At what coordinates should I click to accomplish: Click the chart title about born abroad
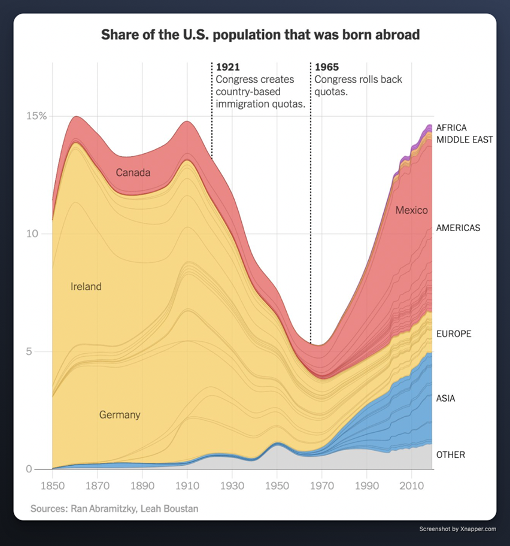point(260,34)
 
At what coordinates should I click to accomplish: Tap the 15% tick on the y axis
point(35,116)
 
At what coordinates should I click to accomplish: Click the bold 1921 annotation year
point(228,66)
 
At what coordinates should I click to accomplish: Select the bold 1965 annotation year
point(327,66)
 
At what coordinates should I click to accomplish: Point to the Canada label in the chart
point(133,173)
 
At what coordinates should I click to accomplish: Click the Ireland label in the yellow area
point(86,287)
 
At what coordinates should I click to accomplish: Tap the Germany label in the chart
point(120,414)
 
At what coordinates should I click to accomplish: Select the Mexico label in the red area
point(412,210)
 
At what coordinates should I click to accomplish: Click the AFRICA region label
point(451,128)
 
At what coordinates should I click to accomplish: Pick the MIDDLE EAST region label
point(465,139)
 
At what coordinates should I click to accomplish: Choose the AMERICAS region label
point(458,228)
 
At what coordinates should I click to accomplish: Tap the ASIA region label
point(446,398)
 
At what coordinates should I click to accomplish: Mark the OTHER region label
point(451,455)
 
